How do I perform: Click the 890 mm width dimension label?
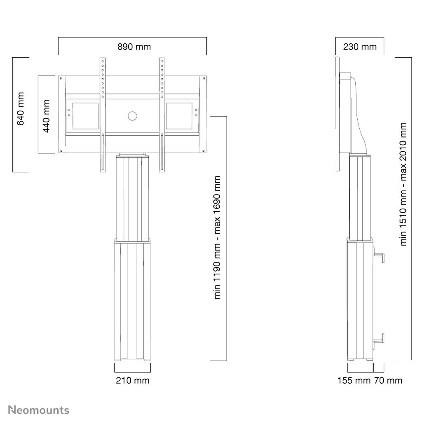click(x=134, y=47)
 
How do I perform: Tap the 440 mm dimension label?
click(x=46, y=116)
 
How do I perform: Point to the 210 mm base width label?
click(x=132, y=380)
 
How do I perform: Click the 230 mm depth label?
click(x=360, y=47)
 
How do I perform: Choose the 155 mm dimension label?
click(x=354, y=380)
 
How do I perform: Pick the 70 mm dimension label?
click(x=388, y=380)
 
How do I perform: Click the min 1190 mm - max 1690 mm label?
click(x=217, y=238)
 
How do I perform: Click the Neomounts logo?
click(x=39, y=410)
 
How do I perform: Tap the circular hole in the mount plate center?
click(x=132, y=116)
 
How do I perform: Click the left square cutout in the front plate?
click(x=86, y=116)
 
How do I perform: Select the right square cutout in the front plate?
click(x=179, y=116)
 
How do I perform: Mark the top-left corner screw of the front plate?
click(x=61, y=78)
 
